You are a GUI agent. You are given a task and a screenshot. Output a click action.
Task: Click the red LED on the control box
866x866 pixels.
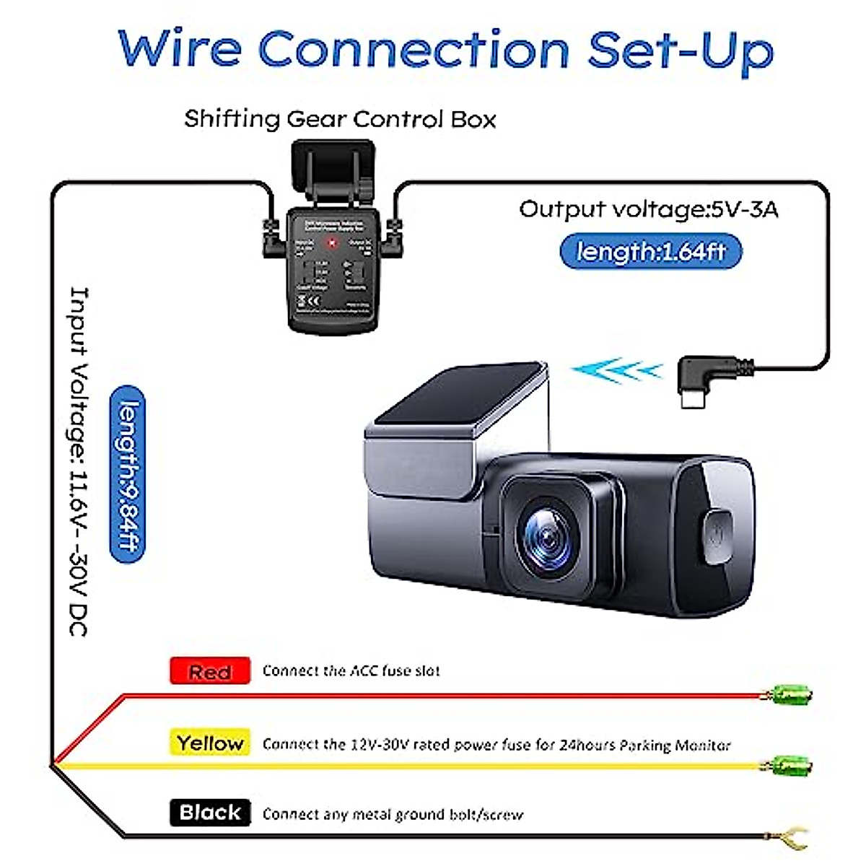point(333,244)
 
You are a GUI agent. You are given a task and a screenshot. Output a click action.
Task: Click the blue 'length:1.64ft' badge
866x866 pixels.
point(651,252)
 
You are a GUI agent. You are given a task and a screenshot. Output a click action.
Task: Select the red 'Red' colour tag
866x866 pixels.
point(210,671)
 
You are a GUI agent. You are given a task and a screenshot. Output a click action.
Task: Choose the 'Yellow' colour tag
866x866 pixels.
point(210,743)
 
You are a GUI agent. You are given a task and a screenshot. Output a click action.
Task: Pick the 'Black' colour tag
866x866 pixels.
point(210,813)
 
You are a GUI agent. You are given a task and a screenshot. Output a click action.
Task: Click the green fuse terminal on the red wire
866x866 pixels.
point(790,696)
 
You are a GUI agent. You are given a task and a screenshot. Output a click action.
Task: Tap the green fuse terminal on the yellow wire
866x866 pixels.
point(790,765)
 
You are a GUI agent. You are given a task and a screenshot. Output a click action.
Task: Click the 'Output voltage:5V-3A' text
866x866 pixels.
point(648,209)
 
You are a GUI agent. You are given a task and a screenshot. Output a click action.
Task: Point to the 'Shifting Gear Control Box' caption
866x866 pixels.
point(340,118)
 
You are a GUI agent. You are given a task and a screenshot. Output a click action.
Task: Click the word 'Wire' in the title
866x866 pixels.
point(180,49)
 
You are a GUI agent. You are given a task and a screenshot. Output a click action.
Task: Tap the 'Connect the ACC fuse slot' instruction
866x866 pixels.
point(351,671)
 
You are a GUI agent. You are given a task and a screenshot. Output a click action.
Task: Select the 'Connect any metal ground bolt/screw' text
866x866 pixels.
point(393,814)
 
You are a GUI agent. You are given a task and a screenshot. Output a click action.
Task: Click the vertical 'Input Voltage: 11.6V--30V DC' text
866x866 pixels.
point(78,462)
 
